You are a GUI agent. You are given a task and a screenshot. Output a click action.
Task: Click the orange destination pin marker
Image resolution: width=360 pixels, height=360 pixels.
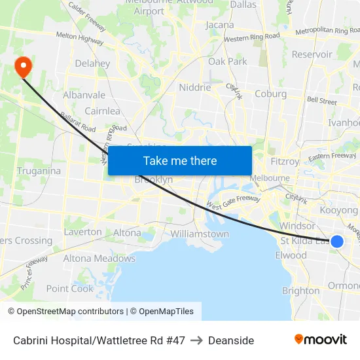pos(23,66)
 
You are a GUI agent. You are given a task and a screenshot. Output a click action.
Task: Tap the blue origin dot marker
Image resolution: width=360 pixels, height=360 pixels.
pos(337,242)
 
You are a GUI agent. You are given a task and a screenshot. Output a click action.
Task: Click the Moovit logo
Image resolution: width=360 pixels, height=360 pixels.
pos(320,340)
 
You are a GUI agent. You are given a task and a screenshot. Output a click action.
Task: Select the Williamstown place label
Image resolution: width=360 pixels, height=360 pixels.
pos(200,234)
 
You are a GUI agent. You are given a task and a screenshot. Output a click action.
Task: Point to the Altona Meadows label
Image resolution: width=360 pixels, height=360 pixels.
pos(99,259)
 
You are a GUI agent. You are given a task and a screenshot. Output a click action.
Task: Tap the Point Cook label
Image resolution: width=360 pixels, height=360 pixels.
pos(70,289)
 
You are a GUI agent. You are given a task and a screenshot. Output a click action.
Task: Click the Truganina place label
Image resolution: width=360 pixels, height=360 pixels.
pos(39,171)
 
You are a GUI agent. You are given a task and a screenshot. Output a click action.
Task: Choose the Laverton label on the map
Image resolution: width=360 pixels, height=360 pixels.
pos(83,232)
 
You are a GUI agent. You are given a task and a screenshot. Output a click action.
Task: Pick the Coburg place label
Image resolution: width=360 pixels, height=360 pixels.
pos(270,94)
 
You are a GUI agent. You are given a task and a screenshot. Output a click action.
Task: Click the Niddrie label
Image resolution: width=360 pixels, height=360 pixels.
pos(195,87)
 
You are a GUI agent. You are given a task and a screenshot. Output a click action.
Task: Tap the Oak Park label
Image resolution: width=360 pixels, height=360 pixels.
pos(228,62)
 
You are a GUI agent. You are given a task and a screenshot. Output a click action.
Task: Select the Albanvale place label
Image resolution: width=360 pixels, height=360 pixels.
pos(84,95)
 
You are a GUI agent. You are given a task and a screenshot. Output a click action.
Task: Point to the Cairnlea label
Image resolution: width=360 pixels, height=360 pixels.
pos(102,111)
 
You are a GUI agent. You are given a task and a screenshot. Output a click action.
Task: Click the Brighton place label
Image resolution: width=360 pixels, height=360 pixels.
pos(300,291)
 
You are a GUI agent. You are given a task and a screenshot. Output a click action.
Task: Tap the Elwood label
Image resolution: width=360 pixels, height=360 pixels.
pos(291,255)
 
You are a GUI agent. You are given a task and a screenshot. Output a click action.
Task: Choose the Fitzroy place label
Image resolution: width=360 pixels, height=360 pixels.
pos(284,161)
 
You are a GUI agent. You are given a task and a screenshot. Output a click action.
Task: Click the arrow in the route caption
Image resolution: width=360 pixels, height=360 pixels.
pos(196,340)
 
